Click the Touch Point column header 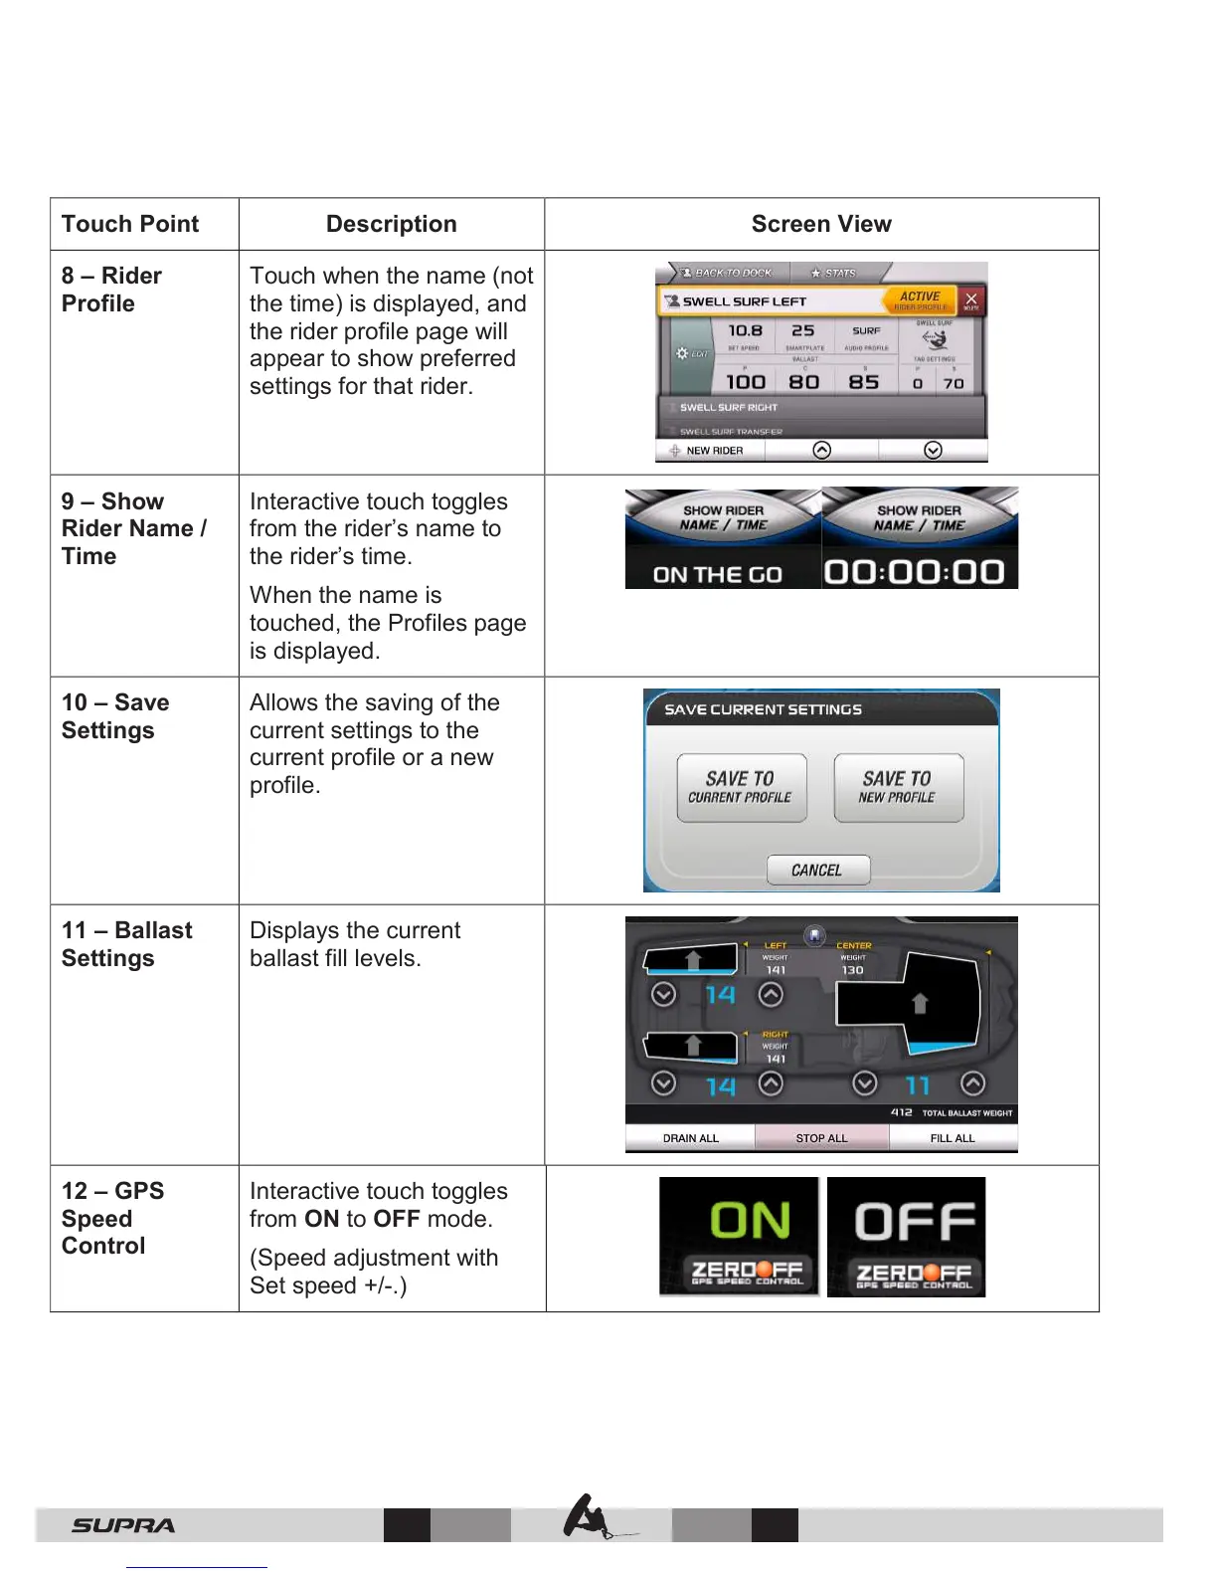coord(130,224)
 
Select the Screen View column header coord(821,224)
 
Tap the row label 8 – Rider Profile coord(111,290)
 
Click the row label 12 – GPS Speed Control coord(112,1218)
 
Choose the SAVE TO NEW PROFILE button coord(898,787)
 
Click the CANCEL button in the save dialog coord(817,870)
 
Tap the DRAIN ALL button coord(690,1138)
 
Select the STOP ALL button coord(821,1138)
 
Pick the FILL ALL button coord(953,1138)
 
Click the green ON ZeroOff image coord(739,1237)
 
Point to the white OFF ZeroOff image coord(906,1237)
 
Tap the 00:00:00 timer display coord(915,572)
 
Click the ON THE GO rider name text coord(718,574)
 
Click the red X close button coord(971,299)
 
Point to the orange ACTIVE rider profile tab coord(921,299)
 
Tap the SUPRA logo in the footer coord(123,1525)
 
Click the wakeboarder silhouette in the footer coord(589,1518)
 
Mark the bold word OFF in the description coord(396,1219)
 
